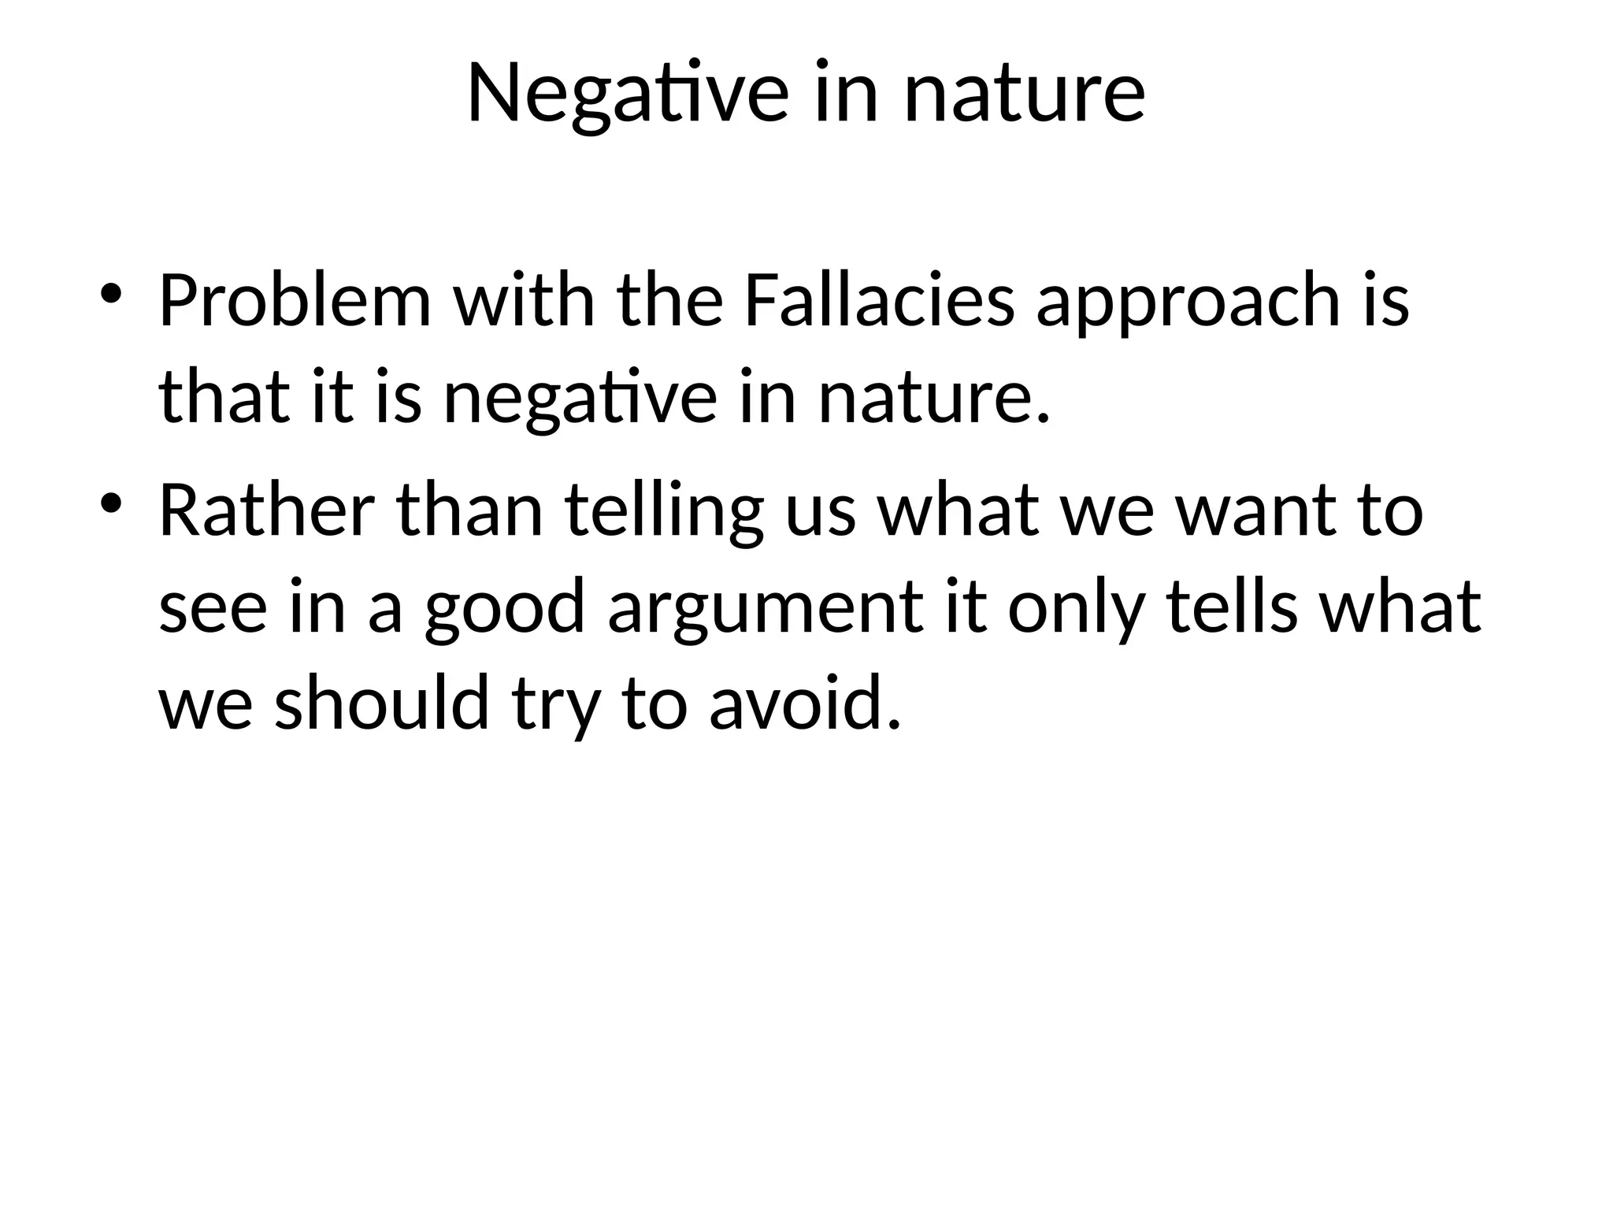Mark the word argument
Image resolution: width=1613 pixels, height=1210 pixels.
tap(765, 607)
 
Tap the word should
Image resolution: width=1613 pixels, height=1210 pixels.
tap(382, 703)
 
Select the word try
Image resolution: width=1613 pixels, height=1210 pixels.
tap(556, 703)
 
